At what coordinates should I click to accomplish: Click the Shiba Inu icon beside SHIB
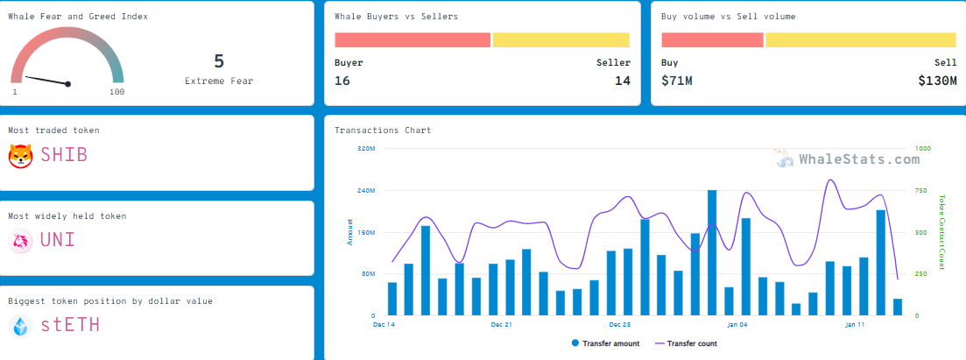click(20, 156)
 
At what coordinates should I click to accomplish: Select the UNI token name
click(58, 240)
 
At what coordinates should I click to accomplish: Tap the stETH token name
click(70, 325)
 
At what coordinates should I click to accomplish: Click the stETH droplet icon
click(20, 326)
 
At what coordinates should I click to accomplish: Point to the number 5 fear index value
click(219, 61)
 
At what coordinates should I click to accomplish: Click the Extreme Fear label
click(219, 81)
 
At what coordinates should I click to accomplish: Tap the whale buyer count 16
click(342, 81)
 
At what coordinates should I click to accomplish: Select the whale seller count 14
click(622, 81)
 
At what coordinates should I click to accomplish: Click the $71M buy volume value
click(677, 81)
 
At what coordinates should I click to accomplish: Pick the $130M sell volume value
click(937, 81)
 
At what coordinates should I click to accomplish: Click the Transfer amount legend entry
click(605, 343)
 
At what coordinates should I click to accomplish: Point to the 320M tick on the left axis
click(367, 149)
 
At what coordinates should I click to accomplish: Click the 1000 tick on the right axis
click(922, 149)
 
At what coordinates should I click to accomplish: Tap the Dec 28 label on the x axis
click(620, 324)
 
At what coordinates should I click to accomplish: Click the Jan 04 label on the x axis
click(737, 324)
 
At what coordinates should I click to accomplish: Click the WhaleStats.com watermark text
click(859, 159)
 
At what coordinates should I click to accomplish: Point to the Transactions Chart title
click(383, 131)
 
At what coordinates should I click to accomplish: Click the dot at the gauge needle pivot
click(68, 84)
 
